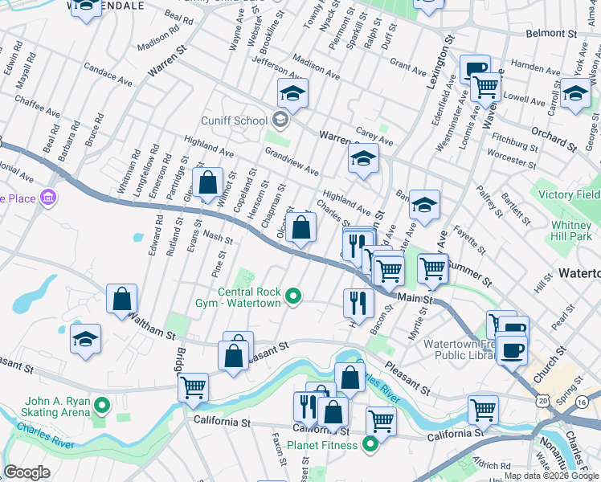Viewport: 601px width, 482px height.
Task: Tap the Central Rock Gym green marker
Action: click(293, 297)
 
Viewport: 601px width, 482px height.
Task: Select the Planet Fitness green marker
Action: click(370, 443)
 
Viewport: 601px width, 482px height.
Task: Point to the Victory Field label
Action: click(570, 194)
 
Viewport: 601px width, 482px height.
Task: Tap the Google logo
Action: click(27, 472)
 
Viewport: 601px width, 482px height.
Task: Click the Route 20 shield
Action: click(546, 399)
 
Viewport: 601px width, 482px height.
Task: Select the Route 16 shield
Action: click(581, 401)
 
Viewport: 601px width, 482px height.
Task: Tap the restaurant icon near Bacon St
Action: click(358, 303)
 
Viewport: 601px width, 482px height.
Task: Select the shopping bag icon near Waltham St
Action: click(121, 299)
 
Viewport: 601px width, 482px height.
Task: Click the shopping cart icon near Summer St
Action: click(432, 268)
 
